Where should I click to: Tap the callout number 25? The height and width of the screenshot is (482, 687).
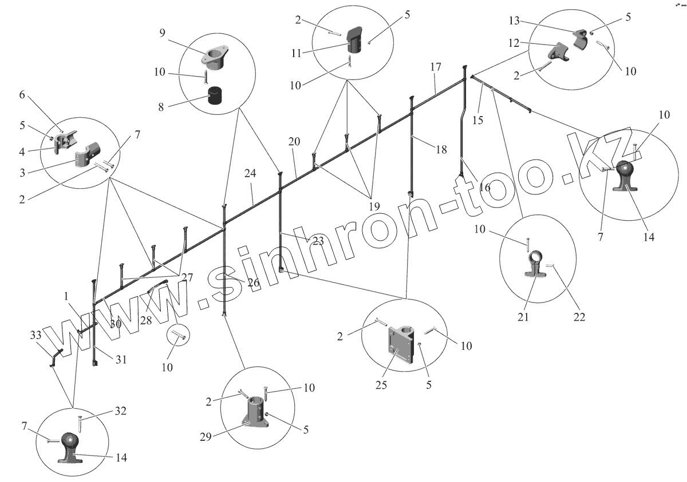coord(381,385)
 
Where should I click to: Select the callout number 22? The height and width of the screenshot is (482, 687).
coord(579,316)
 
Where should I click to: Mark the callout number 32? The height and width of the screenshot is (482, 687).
coord(120,411)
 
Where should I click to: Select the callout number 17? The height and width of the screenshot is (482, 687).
coord(436,67)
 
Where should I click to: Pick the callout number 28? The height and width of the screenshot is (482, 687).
coord(146,320)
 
